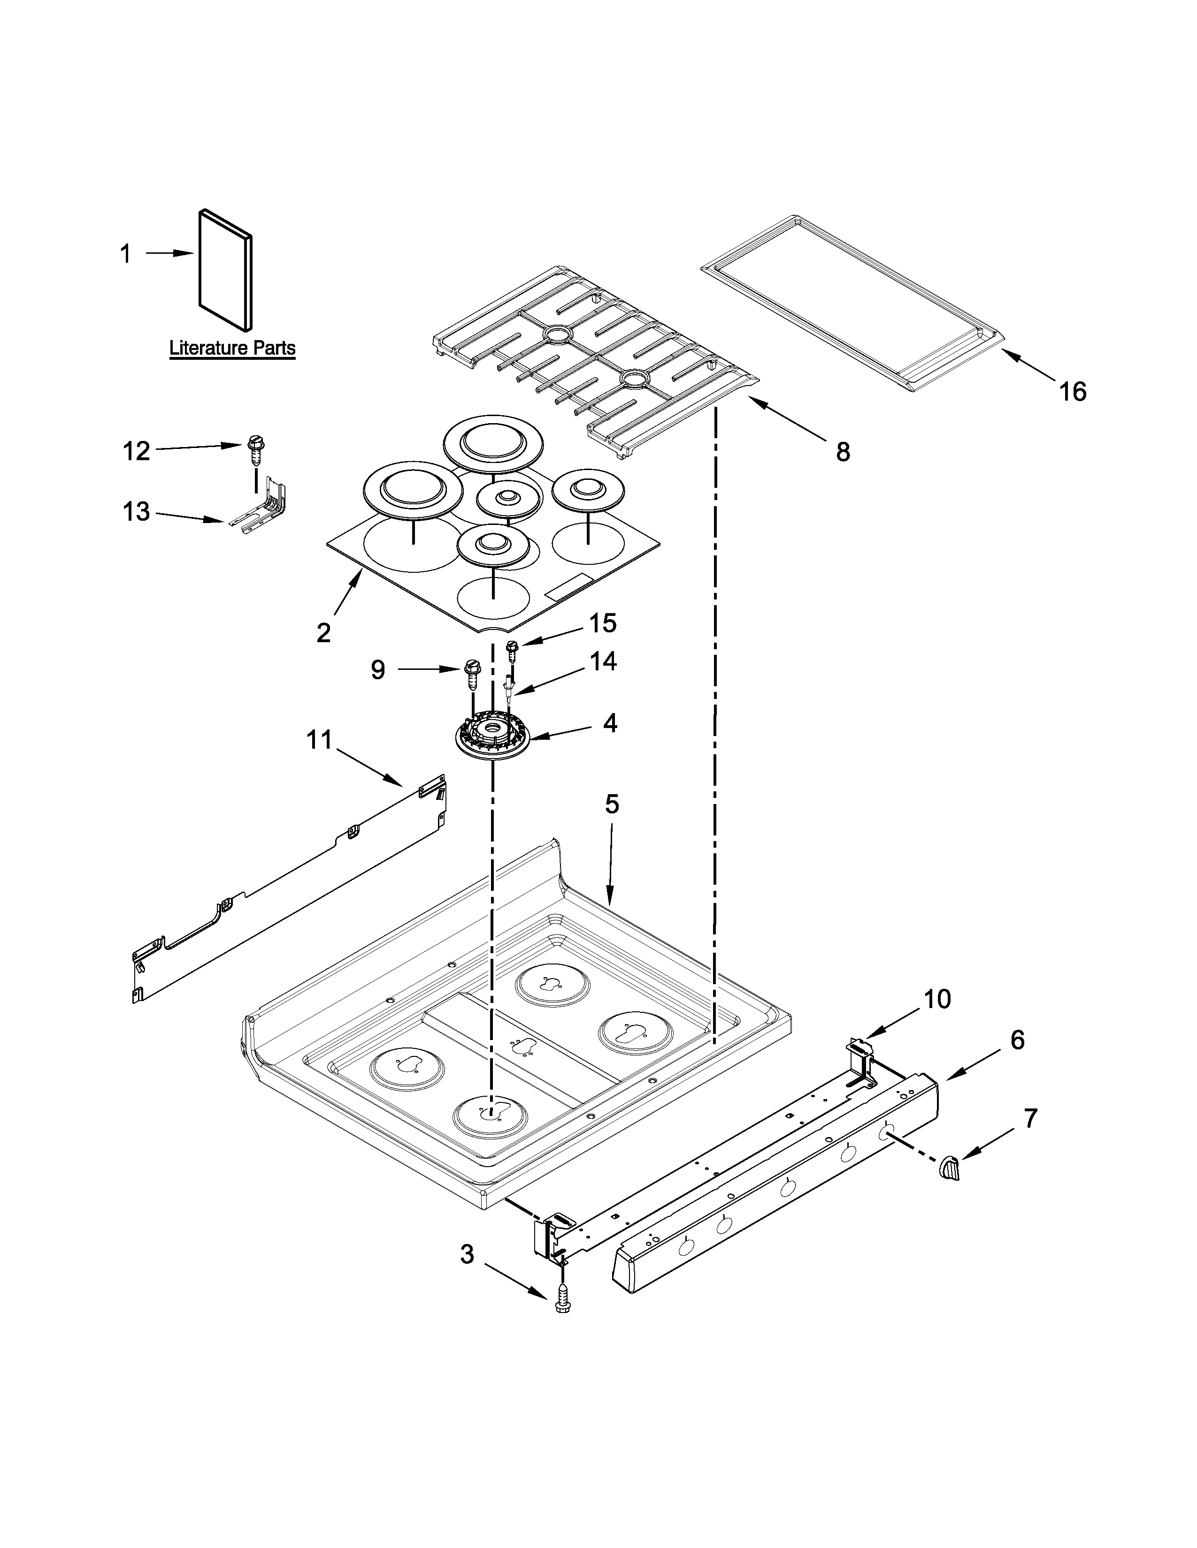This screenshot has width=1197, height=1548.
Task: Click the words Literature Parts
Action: point(232,348)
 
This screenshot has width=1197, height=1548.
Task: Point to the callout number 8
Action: point(843,451)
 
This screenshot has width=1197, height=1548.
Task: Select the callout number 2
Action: point(323,633)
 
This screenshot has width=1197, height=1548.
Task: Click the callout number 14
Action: point(603,661)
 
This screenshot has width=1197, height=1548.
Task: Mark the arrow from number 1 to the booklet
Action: point(170,253)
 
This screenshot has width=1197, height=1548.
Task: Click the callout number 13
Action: point(136,511)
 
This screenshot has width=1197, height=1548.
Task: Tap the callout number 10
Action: point(937,999)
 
